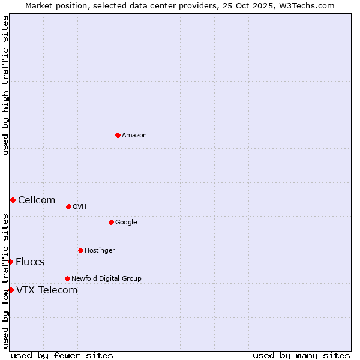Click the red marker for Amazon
click(118, 135)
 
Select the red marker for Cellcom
click(13, 200)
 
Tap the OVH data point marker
click(68, 206)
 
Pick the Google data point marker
click(111, 222)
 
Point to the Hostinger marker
click(80, 250)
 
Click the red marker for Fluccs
click(10, 262)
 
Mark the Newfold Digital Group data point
click(67, 278)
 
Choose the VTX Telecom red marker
click(11, 290)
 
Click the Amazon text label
click(134, 135)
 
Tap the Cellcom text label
click(37, 200)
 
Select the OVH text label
click(80, 206)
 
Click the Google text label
click(126, 222)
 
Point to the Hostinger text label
click(100, 250)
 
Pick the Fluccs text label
click(30, 262)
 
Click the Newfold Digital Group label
click(106, 278)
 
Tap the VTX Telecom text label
click(47, 290)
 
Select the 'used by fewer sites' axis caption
click(62, 355)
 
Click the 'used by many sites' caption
click(301, 355)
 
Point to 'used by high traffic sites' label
click(5, 85)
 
